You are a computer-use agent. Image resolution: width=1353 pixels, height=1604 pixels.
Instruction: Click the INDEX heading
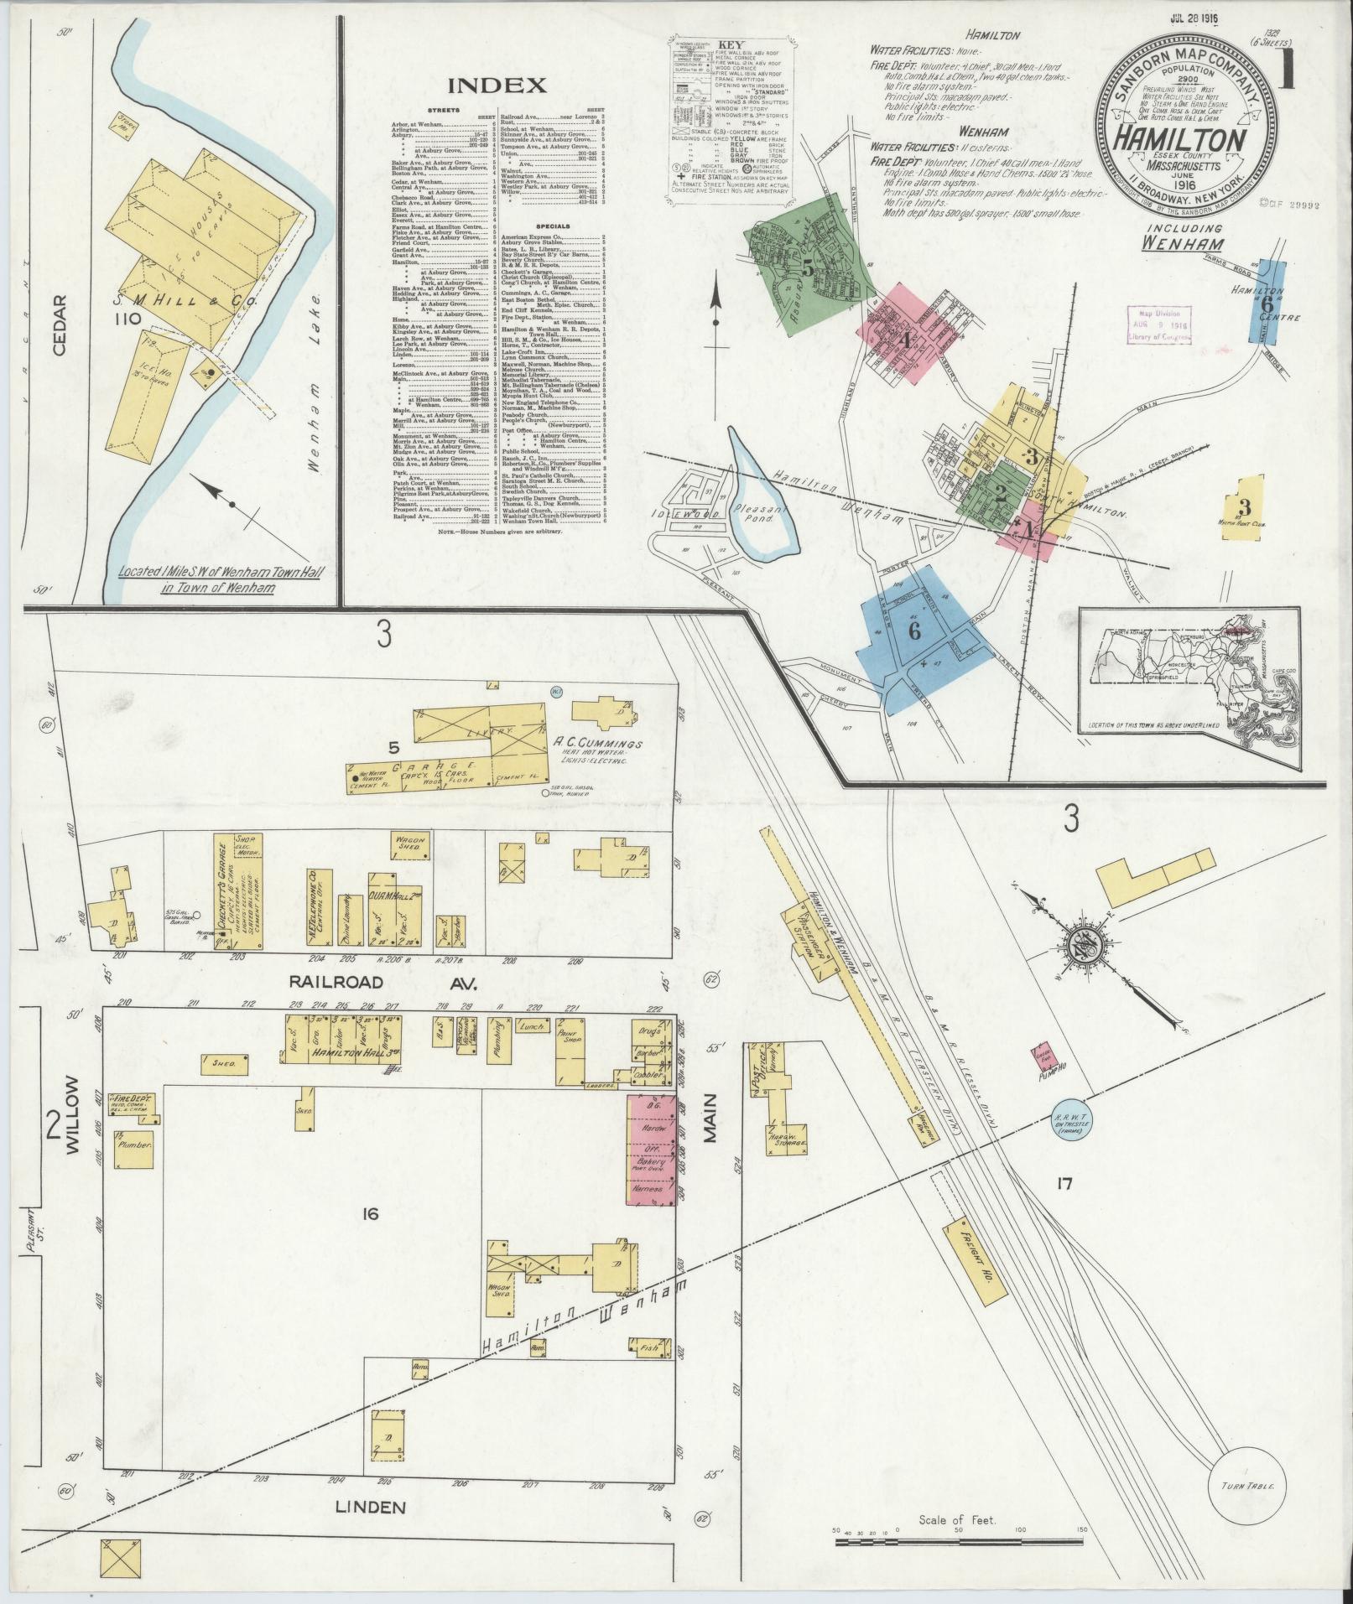[497, 85]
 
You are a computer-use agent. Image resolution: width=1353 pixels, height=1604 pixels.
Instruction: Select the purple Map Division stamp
[1159, 324]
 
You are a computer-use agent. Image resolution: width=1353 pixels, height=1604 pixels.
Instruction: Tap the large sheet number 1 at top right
[1285, 71]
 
